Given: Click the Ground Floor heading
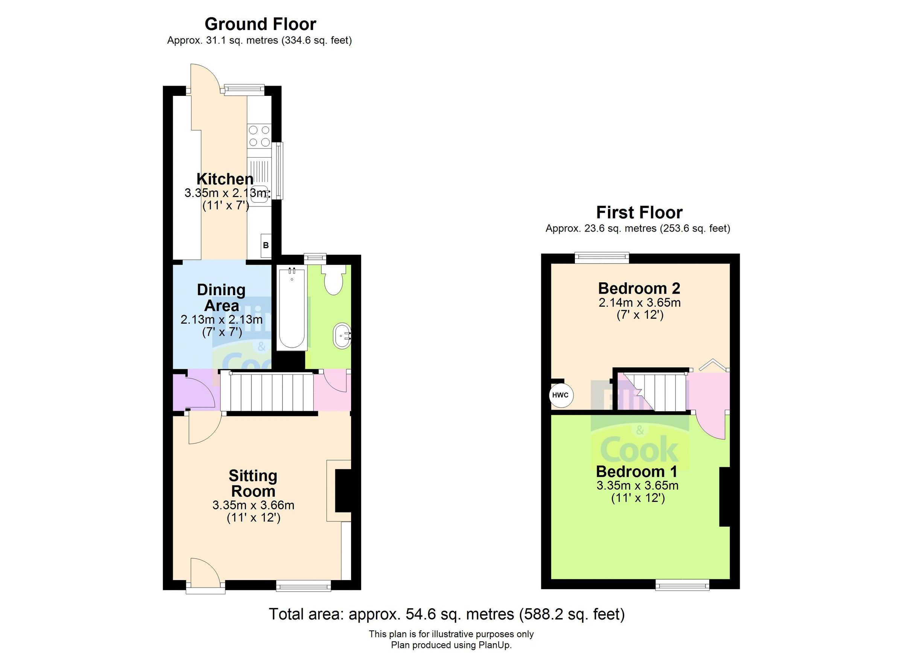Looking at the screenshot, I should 260,24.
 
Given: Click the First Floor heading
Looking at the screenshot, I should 639,212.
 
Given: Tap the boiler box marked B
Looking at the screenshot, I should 266,245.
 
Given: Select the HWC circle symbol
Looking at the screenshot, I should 561,395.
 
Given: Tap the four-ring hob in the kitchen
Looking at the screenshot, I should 259,136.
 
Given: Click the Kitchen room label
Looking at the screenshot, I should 225,179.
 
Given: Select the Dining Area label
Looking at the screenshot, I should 221,298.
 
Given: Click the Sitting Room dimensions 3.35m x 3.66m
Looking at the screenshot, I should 253,505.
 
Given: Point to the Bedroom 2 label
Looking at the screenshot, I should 638,288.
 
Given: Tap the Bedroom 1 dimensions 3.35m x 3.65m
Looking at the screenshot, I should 637,485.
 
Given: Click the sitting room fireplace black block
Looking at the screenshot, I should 343,490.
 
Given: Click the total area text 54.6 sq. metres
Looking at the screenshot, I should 446,614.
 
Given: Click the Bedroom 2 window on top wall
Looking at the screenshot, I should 602,258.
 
